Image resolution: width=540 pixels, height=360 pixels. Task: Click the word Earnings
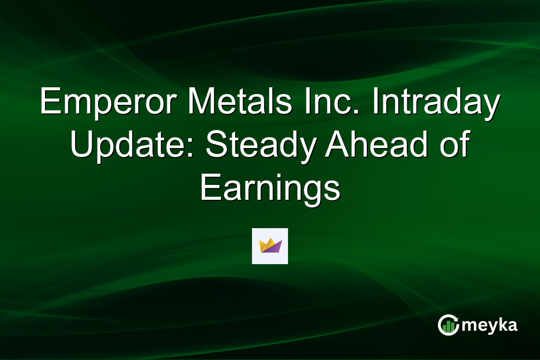[270, 188]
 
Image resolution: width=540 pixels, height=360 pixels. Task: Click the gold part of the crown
[266, 243]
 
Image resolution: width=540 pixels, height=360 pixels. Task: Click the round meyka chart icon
[448, 325]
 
